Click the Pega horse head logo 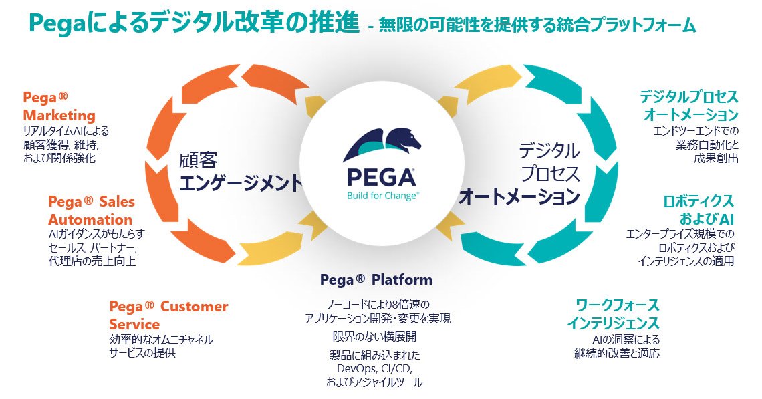coord(382,144)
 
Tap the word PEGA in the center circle coord(382,177)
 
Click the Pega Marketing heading coord(59,106)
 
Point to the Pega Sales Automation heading coord(92,211)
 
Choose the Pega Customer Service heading coord(168,315)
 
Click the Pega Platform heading coord(376,279)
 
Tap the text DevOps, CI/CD coord(375,368)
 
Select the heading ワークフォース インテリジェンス coord(614,314)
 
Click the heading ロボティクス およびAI coord(698,209)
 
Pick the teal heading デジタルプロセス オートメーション coord(689,106)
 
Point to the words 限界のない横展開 coord(375,336)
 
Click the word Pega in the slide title coord(57,24)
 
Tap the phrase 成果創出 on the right coord(716,158)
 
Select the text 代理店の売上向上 coord(92,261)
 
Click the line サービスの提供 coord(142,352)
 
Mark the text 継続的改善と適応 coord(617,354)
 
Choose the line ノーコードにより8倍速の coord(378,305)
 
